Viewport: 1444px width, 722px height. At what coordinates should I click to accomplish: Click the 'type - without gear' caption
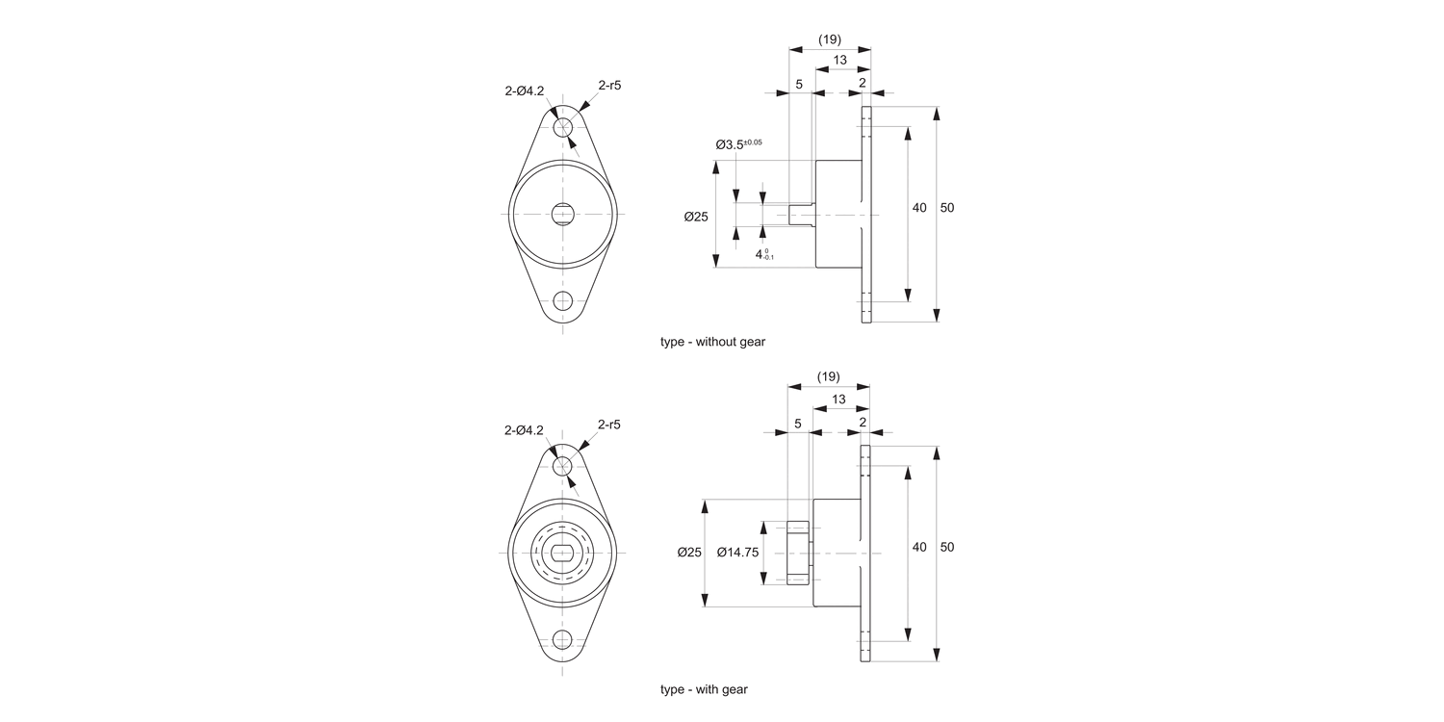coord(712,342)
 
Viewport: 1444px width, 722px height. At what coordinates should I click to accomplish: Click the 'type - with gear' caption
coord(704,689)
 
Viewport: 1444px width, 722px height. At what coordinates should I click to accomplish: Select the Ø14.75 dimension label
coord(738,553)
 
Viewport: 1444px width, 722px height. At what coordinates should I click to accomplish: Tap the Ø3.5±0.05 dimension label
coord(738,144)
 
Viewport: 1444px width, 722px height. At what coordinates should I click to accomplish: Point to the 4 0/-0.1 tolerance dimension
coord(764,254)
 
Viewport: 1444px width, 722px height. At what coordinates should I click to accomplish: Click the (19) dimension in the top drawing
coord(829,39)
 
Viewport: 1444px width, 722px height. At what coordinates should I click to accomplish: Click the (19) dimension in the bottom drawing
coord(828,376)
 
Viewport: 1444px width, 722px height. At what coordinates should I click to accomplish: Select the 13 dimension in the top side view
coord(839,61)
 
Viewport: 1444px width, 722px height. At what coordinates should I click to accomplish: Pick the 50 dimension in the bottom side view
coord(947,547)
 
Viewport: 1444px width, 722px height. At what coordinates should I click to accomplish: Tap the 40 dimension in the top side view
coord(919,208)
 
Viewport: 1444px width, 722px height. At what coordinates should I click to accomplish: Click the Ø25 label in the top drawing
coord(696,217)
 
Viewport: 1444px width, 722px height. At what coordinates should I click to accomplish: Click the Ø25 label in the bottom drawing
coord(688,553)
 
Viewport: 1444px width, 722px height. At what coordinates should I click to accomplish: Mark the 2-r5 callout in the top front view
coord(609,86)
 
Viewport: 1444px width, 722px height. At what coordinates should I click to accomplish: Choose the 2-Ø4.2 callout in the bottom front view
coord(524,430)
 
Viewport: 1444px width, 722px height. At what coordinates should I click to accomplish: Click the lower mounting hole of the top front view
coord(563,300)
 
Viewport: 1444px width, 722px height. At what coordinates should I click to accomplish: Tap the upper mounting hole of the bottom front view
coord(563,466)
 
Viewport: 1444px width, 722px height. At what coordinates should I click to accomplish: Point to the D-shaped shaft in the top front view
coord(563,214)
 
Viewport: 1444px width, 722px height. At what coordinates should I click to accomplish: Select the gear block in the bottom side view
coord(798,553)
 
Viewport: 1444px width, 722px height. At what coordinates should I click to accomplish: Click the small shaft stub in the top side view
coord(801,214)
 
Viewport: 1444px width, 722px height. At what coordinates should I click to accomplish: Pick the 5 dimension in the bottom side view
coord(798,423)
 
